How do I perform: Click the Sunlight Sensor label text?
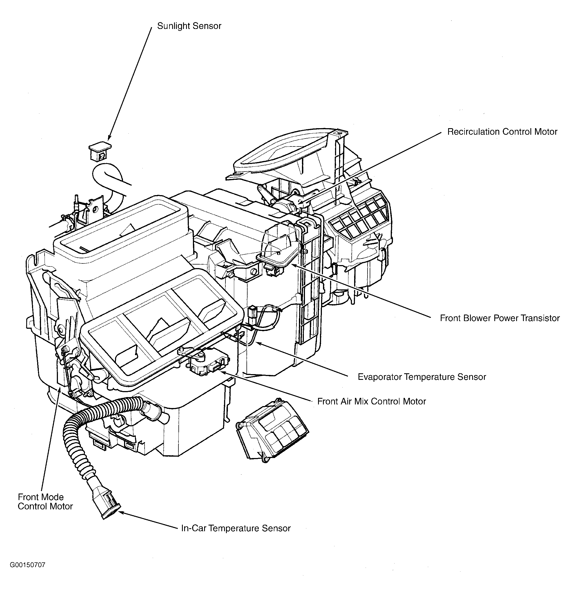click(x=189, y=26)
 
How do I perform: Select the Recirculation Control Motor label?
click(x=502, y=132)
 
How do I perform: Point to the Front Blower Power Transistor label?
click(x=500, y=318)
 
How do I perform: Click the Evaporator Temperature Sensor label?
click(x=422, y=377)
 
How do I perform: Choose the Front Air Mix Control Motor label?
click(x=371, y=401)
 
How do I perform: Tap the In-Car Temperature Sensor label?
click(x=236, y=528)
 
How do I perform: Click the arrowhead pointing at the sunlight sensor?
click(x=109, y=138)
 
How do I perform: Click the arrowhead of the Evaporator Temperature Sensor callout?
click(x=258, y=343)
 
